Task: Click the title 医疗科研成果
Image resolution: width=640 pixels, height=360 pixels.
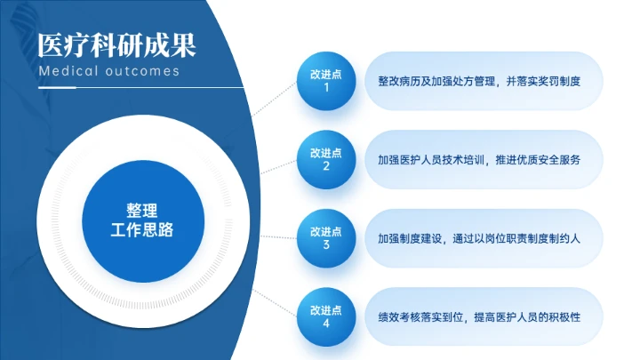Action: tap(116, 42)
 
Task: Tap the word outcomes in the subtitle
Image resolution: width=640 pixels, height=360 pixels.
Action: tap(142, 71)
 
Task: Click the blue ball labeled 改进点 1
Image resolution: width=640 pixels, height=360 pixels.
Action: tap(326, 82)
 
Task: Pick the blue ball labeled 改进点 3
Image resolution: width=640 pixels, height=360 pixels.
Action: tap(326, 237)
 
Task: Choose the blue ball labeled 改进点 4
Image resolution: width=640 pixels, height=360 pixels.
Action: tap(326, 316)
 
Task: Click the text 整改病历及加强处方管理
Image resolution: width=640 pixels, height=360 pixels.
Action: tap(429, 82)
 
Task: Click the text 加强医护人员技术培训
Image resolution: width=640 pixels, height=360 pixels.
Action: tap(429, 160)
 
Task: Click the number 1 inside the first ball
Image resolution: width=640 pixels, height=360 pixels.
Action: tap(326, 89)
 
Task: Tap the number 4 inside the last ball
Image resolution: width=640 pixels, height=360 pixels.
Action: tap(326, 324)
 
